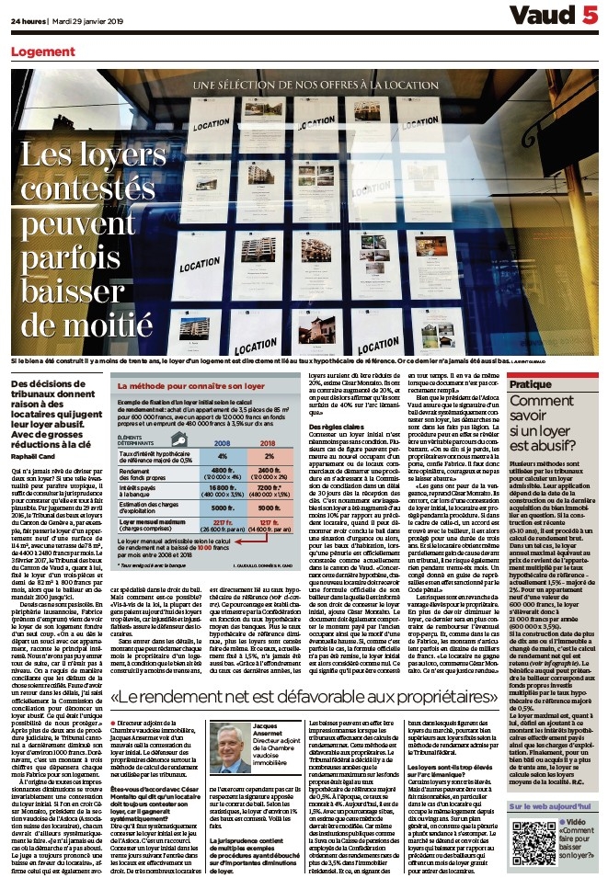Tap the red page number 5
point(590,17)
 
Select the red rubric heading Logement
point(43,51)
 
